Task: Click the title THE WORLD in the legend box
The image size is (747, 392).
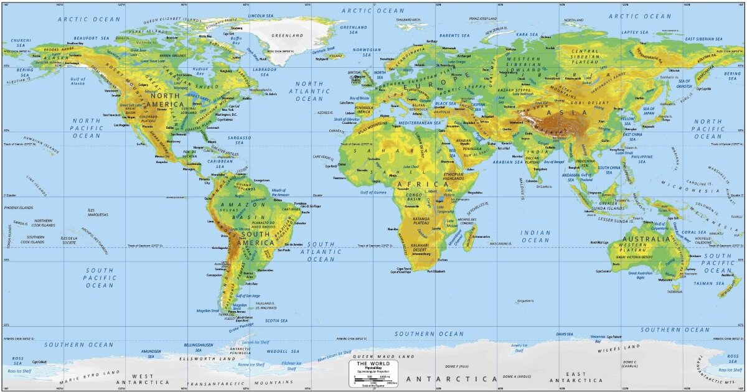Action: pos(374,363)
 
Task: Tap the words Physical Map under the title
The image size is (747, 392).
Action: pos(374,368)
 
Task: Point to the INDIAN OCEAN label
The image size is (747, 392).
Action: pos(535,236)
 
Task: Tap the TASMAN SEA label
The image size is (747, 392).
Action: pos(709,284)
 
